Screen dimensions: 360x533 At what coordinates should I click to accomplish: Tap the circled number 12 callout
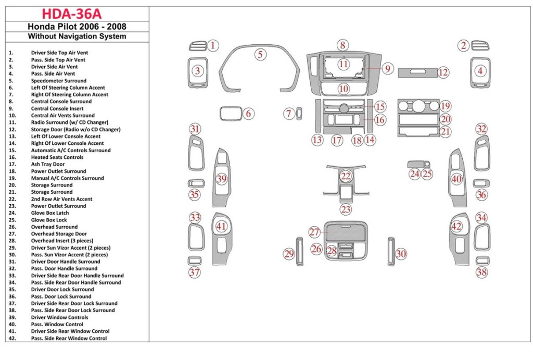coord(443,72)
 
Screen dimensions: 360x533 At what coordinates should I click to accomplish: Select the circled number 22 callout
coord(346,176)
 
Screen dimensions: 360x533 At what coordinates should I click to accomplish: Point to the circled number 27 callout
coord(314,232)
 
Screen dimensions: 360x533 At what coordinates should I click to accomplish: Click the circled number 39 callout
coord(222,179)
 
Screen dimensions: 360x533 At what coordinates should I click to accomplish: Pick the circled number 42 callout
coord(456,226)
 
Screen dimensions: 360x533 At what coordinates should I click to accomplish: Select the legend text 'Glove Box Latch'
coord(50,213)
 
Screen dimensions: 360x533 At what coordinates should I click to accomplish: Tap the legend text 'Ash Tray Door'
coord(48,164)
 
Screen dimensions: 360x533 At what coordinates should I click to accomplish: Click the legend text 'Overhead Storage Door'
coord(59,234)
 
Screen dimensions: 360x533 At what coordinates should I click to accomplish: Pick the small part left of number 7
coord(300,113)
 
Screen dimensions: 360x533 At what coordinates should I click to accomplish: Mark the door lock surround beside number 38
coord(483,261)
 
